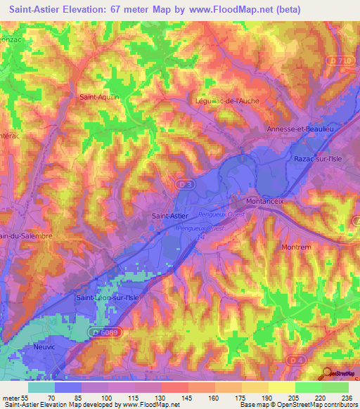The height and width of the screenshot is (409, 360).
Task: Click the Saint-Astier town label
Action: (x=169, y=217)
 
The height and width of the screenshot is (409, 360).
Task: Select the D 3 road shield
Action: (x=180, y=184)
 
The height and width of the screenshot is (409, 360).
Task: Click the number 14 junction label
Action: (x=199, y=238)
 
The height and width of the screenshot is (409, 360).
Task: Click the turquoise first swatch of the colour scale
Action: (x=41, y=387)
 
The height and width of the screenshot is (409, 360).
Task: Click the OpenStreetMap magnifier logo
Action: (x=328, y=374)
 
